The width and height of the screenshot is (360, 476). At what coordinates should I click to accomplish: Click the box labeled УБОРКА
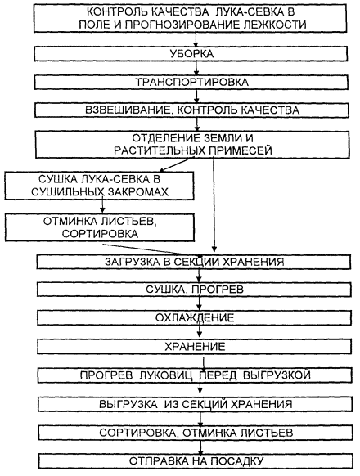191,54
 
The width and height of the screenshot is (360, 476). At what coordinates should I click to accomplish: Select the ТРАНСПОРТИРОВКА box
191,83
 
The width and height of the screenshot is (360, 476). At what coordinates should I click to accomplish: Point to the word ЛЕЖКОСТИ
275,25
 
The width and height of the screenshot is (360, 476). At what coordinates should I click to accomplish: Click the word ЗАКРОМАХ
138,192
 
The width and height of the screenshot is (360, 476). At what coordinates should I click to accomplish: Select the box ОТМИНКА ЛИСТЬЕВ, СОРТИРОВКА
100,227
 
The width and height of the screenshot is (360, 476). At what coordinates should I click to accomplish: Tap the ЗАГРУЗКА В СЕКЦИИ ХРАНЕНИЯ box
194,262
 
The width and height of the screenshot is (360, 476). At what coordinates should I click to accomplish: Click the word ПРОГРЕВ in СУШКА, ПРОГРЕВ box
218,289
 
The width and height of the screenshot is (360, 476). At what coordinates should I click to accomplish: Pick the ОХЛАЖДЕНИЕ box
195,318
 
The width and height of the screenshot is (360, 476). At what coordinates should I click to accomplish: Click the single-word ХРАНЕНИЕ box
195,347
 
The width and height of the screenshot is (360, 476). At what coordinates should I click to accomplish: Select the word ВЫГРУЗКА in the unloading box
128,404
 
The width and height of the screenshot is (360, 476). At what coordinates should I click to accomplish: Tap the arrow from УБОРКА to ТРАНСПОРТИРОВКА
196,69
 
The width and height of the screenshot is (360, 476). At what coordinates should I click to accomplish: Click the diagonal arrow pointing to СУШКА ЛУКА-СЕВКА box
177,164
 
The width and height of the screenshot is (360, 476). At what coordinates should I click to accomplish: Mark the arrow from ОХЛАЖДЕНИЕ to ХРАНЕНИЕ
200,331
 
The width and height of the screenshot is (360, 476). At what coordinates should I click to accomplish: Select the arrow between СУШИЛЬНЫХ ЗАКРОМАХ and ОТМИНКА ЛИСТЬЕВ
102,205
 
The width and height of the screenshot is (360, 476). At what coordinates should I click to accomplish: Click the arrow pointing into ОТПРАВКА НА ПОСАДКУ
200,447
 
